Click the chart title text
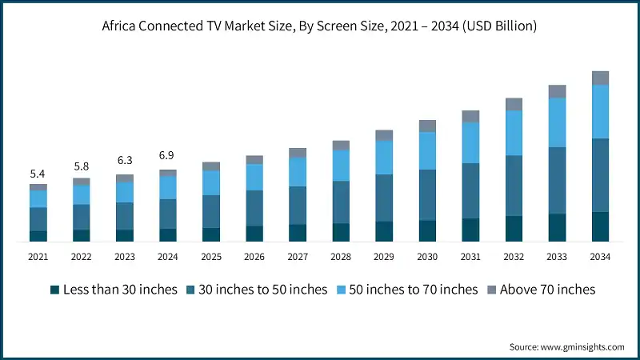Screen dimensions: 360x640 pyautogui.click(x=320, y=26)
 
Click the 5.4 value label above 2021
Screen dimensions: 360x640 pyautogui.click(x=38, y=174)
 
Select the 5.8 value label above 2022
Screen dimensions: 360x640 pyautogui.click(x=81, y=166)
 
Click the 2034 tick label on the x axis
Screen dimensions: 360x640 pyautogui.click(x=600, y=257)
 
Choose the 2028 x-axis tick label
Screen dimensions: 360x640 pyautogui.click(x=341, y=257)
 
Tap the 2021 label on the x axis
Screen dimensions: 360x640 pyautogui.click(x=38, y=257)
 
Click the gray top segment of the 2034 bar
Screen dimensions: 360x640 pyautogui.click(x=600, y=78)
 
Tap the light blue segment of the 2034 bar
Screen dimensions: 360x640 pyautogui.click(x=600, y=111)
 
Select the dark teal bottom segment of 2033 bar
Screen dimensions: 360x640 pyautogui.click(x=557, y=227)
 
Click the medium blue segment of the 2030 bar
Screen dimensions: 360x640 pyautogui.click(x=427, y=195)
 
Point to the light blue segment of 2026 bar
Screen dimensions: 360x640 pyautogui.click(x=254, y=177)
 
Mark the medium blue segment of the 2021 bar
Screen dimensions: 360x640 pyautogui.click(x=38, y=219)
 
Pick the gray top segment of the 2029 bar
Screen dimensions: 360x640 pyautogui.click(x=384, y=135)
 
